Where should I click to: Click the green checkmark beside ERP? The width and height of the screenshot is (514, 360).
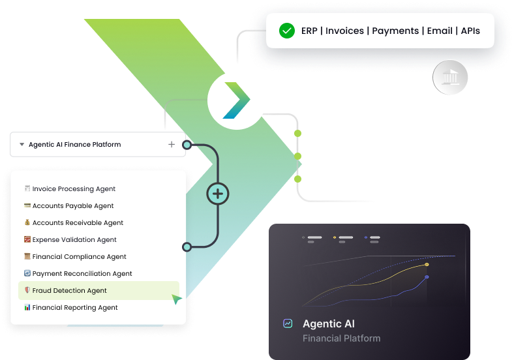pos(286,31)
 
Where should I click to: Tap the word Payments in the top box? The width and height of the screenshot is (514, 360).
pos(395,31)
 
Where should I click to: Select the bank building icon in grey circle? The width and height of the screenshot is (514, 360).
pos(450,79)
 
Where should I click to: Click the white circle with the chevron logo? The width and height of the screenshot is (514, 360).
pos(237,101)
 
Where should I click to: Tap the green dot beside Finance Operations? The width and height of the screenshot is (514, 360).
pos(297,157)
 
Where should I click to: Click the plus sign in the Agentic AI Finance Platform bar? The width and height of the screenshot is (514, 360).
pos(172,145)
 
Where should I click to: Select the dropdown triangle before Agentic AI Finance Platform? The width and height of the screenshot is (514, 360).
pos(22,145)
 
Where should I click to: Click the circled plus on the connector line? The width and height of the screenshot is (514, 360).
pos(218,193)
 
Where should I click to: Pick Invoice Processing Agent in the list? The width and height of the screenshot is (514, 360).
pos(74,189)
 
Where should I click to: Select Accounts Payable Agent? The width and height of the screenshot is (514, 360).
pos(73,206)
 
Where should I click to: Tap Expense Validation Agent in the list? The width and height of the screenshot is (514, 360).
pos(74,240)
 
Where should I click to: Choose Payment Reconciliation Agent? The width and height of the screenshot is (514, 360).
pos(82,274)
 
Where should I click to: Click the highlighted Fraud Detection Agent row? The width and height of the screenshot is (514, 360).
pos(98,291)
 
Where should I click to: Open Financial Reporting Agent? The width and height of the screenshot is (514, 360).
pos(75,308)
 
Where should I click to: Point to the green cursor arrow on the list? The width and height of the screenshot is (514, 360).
pos(176,299)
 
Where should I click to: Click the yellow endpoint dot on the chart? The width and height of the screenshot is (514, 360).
pos(427,264)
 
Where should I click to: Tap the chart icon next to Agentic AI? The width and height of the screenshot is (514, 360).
pos(288,323)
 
